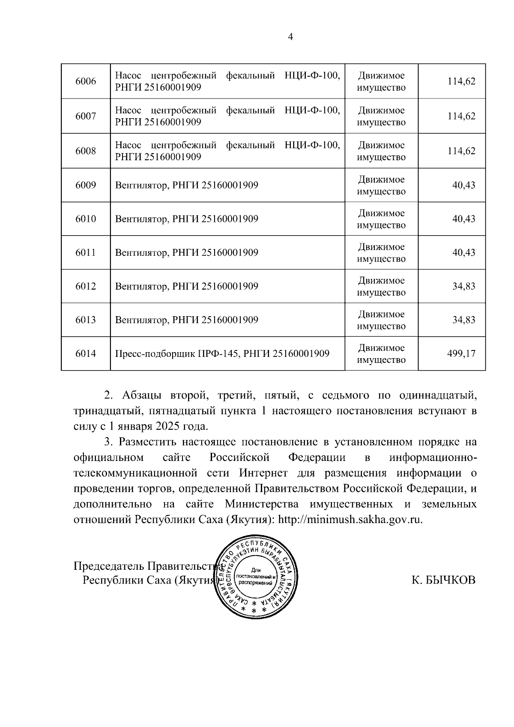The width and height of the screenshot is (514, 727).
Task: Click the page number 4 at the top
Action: pyautogui.click(x=290, y=37)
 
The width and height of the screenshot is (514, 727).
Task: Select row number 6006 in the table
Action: pyautogui.click(x=86, y=81)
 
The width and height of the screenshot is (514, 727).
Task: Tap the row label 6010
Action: pyautogui.click(x=86, y=219)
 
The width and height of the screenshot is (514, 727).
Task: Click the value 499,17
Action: pyautogui.click(x=461, y=354)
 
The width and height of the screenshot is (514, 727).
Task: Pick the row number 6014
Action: pyautogui.click(x=86, y=354)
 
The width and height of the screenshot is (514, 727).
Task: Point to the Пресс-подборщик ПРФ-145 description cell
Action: pyautogui.click(x=222, y=354)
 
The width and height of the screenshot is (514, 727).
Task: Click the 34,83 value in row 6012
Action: pyautogui.click(x=464, y=286)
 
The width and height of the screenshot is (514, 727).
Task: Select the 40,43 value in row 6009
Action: pyautogui.click(x=464, y=185)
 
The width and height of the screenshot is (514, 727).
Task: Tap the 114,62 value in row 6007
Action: pyautogui.click(x=461, y=116)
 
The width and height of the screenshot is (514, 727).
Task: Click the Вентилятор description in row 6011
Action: pyautogui.click(x=187, y=252)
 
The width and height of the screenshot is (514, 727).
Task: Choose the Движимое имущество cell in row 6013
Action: pyautogui.click(x=381, y=320)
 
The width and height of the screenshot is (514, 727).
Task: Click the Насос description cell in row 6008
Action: pyautogui.click(x=227, y=151)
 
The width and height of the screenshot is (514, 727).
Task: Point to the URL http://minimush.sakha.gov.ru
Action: pyautogui.click(x=350, y=520)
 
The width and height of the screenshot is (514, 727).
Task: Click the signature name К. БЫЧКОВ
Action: pyautogui.click(x=443, y=580)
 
